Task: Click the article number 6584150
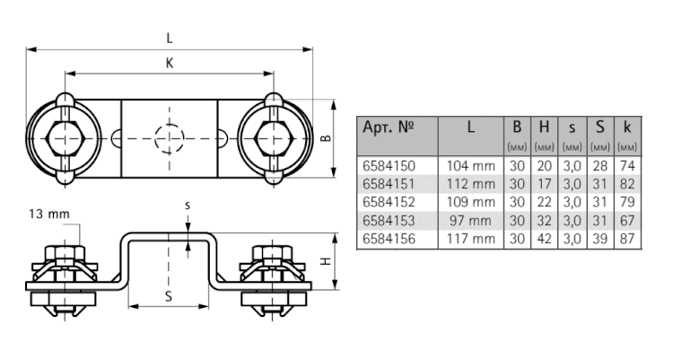coord(389,166)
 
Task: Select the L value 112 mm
coord(471,184)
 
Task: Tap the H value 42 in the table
coord(545,239)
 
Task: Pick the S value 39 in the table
coord(600,239)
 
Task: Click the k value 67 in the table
coord(627,220)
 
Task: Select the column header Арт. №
coord(389,127)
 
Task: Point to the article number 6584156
coord(389,239)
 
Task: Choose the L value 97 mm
coord(471,220)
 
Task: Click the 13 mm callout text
coord(49,214)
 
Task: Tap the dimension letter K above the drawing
coord(170,63)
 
